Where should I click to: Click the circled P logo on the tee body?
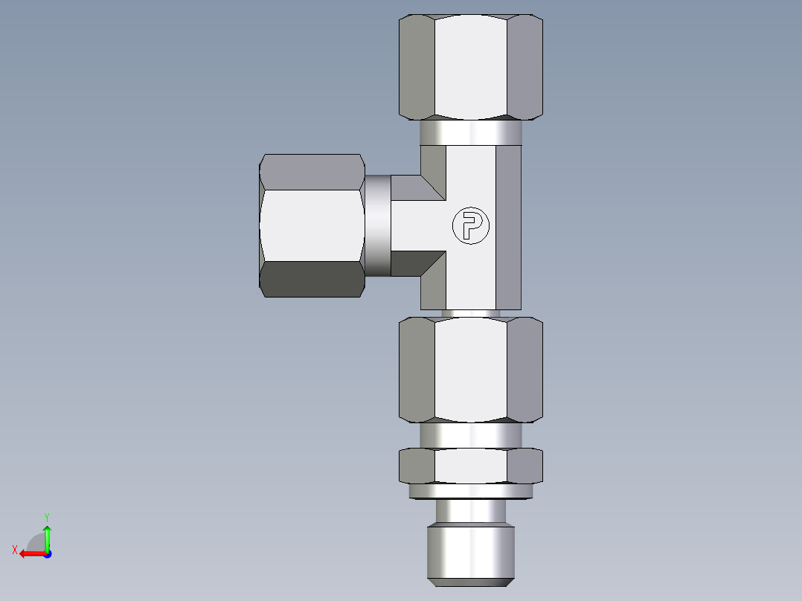tap(471, 225)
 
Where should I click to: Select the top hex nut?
tap(470, 67)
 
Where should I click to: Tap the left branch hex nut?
tap(312, 225)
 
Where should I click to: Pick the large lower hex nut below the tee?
tap(470, 370)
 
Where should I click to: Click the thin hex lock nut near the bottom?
tap(470, 466)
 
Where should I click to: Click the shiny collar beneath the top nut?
tap(470, 133)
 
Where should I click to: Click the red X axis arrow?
tap(30, 553)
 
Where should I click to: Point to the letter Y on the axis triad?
tap(46, 515)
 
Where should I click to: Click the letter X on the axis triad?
tap(14, 550)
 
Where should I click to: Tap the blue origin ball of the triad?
tap(47, 553)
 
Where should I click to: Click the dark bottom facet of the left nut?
tap(312, 279)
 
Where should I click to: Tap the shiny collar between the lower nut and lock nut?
tap(470, 435)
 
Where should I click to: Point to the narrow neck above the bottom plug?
tap(470, 512)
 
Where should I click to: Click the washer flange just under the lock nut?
tap(470, 491)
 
